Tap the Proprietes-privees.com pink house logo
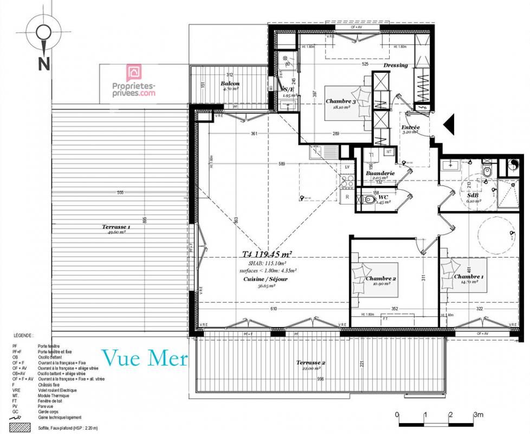click(x=133, y=73)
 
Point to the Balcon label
click(x=230, y=84)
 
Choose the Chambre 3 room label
click(x=340, y=101)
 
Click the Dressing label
click(x=395, y=65)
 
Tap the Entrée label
click(x=410, y=127)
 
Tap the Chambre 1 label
click(x=469, y=277)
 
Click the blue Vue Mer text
click(x=145, y=358)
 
